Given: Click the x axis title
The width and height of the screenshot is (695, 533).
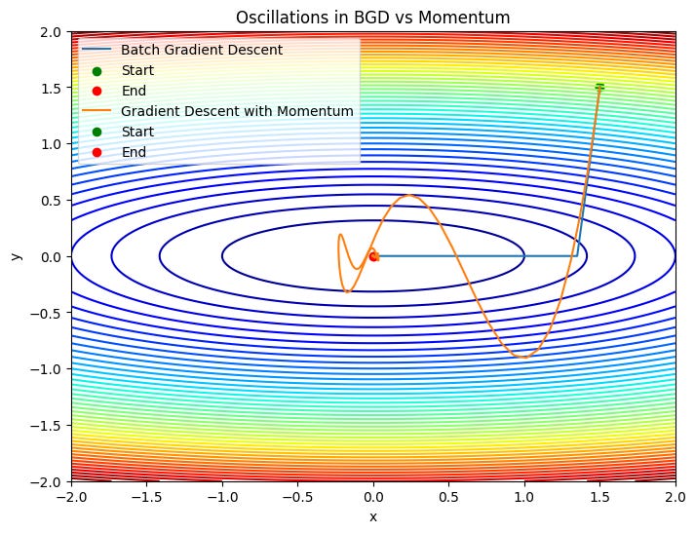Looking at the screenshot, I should click(372, 516).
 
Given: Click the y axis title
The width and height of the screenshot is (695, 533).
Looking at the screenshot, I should click(16, 256).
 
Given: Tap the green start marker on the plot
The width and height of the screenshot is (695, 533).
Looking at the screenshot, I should click(599, 87).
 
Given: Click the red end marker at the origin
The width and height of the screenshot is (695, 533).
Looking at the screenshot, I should click(373, 256).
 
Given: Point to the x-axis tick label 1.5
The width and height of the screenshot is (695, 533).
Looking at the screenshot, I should click(599, 496).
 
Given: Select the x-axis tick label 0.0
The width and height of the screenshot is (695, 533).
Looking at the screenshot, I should click(373, 496).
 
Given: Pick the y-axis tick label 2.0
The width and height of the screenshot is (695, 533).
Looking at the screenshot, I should click(51, 31).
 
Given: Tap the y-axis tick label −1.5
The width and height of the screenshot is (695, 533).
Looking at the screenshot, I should click(47, 426).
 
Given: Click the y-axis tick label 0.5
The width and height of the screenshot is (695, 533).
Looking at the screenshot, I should click(51, 201).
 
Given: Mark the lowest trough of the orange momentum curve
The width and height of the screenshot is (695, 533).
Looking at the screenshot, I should click(524, 358).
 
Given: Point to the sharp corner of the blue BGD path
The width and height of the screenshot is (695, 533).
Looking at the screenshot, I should click(577, 255).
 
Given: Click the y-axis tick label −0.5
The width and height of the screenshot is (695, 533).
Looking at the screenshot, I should click(47, 313).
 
